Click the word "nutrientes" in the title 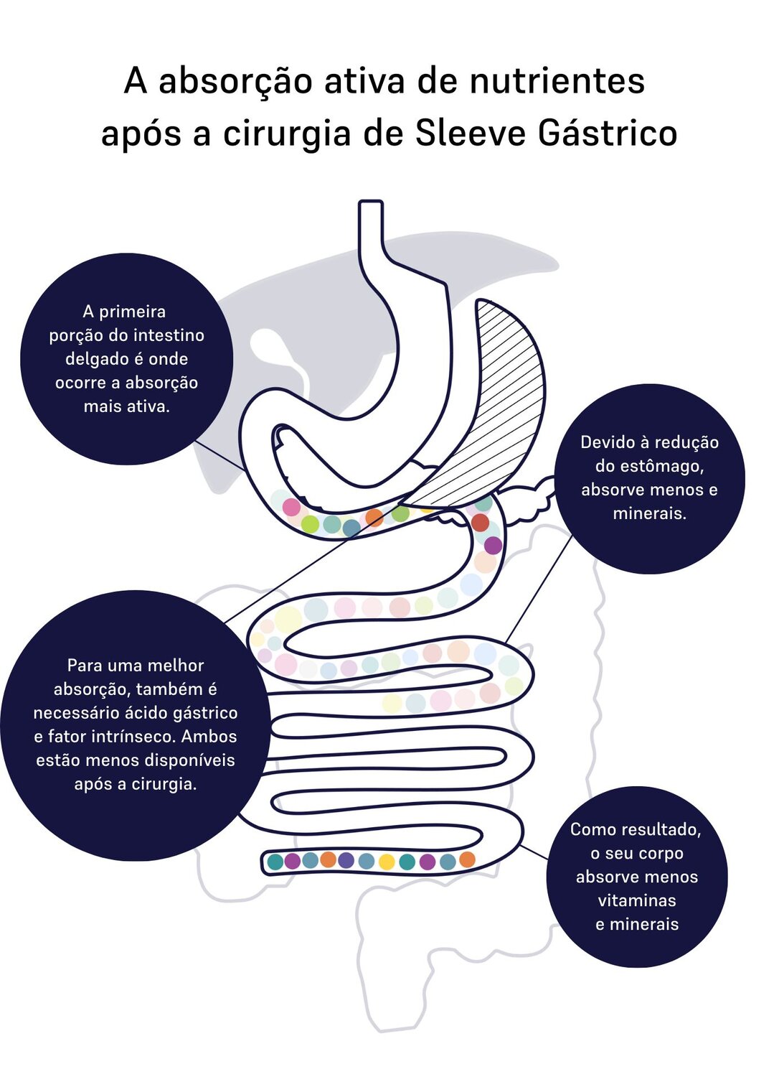tap(557, 80)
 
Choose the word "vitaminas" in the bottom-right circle tap(637, 900)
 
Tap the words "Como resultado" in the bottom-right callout tap(636, 830)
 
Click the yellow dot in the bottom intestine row tap(387, 862)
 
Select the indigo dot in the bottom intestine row tap(346, 860)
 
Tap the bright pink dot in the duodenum tap(291, 507)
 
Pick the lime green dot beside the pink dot tap(310, 524)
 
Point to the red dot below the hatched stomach tap(480, 522)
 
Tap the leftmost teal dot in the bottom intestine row tap(275, 862)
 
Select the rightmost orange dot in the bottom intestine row tap(467, 859)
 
